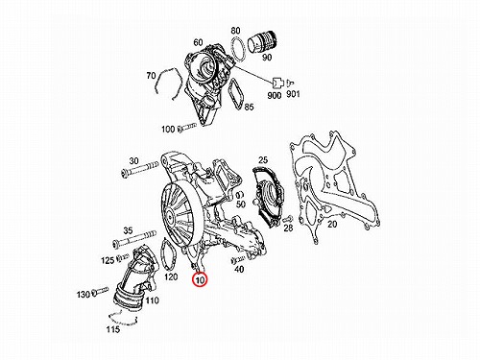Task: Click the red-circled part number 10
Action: (200, 280)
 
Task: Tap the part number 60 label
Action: (198, 42)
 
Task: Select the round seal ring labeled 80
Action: (238, 49)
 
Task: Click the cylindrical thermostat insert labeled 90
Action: (263, 42)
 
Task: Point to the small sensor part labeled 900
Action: (277, 83)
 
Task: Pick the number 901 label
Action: (293, 94)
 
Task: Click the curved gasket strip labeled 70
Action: (167, 83)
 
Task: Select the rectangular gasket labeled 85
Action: (236, 94)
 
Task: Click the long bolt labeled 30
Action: (140, 170)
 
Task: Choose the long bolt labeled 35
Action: (134, 240)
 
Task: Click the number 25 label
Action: (263, 160)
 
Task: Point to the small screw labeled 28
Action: (287, 219)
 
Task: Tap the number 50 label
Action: (241, 204)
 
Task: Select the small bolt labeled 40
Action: (237, 259)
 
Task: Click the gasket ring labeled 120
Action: (168, 255)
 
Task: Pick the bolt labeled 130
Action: (100, 291)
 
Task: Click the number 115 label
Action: (113, 329)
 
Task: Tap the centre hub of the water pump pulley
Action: (169, 214)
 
